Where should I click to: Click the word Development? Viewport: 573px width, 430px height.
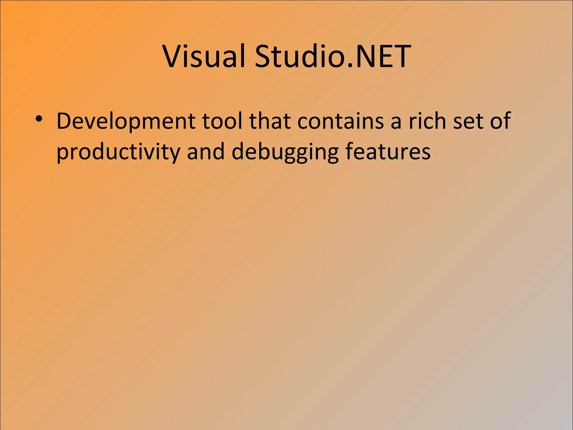126,121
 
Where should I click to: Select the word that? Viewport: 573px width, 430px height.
270,121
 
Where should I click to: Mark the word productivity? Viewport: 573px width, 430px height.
118,152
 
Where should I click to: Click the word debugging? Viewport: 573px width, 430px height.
285,152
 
